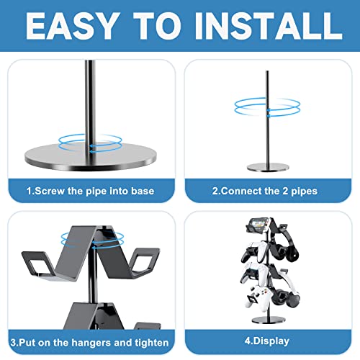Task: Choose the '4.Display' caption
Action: tap(267, 341)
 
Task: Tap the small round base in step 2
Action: tap(267, 167)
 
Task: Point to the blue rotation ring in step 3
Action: tap(109, 239)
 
